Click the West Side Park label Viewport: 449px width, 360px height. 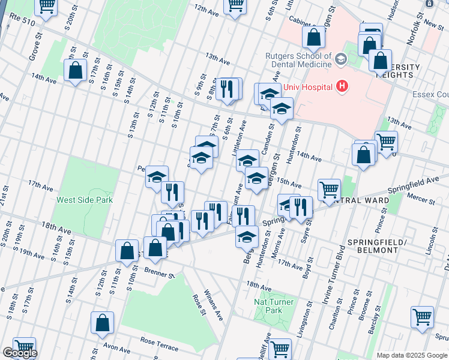point(85,199)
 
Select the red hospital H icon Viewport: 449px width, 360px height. point(342,87)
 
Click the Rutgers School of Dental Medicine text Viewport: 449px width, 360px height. point(298,60)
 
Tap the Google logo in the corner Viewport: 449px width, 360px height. point(19,353)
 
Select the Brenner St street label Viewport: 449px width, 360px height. point(158,274)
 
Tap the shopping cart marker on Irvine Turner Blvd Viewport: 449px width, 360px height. point(329,190)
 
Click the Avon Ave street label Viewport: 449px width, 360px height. point(118,349)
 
